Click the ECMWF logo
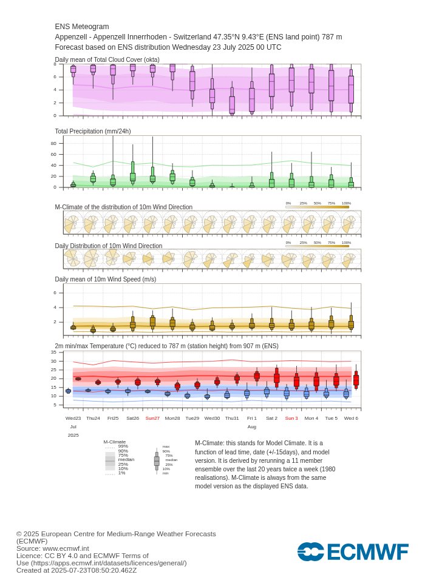click(x=353, y=551)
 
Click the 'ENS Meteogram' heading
click(x=82, y=27)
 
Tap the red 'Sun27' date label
click(x=152, y=418)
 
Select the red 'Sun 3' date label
click(x=291, y=418)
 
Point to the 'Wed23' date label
click(x=73, y=418)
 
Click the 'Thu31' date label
click(x=232, y=418)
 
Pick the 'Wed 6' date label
click(x=351, y=418)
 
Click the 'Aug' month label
click(x=251, y=427)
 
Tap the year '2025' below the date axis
click(x=73, y=435)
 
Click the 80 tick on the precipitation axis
click(x=53, y=144)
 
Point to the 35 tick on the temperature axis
click(x=53, y=352)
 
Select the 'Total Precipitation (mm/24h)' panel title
click(x=93, y=131)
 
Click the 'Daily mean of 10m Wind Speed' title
click(x=106, y=279)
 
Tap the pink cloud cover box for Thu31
click(x=232, y=104)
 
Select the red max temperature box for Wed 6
click(x=356, y=380)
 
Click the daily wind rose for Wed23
click(x=72, y=260)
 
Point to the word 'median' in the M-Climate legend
click(x=126, y=460)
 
